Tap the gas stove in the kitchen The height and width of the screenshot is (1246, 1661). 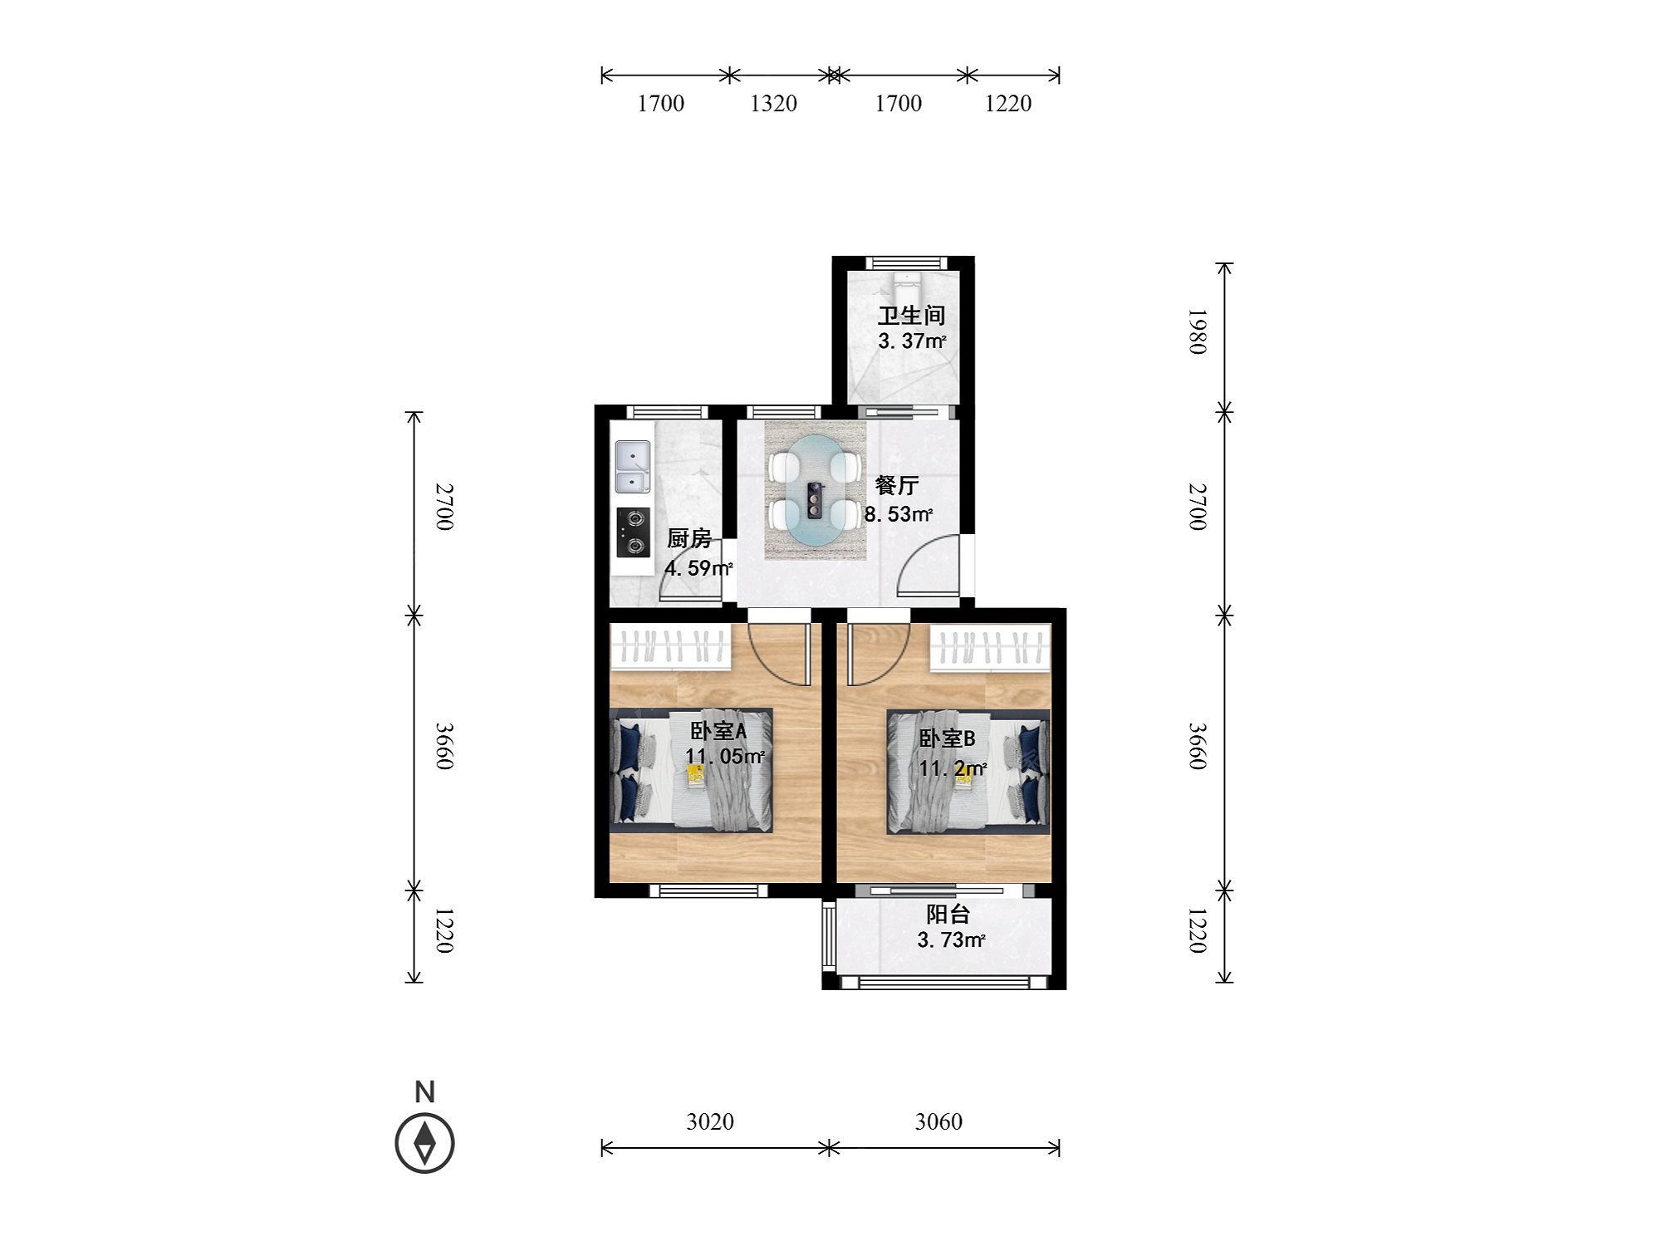click(x=634, y=532)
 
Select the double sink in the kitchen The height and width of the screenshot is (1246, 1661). click(x=633, y=468)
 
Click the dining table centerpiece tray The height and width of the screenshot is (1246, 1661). click(x=815, y=502)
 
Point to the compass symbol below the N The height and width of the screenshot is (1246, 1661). click(x=424, y=1142)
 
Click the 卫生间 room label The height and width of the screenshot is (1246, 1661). click(x=912, y=316)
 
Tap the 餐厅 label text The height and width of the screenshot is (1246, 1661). click(x=897, y=485)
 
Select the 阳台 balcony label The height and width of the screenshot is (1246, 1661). click(x=948, y=915)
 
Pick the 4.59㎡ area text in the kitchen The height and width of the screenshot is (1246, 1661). click(x=698, y=568)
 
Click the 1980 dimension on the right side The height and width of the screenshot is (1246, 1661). click(x=1196, y=331)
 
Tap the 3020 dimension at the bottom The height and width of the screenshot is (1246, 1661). click(x=710, y=1121)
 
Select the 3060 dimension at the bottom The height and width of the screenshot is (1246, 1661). click(x=938, y=1121)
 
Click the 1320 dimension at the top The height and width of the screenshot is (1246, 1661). click(x=773, y=103)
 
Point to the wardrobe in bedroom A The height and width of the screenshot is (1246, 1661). click(x=671, y=647)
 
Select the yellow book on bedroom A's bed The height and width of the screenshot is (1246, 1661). click(x=695, y=774)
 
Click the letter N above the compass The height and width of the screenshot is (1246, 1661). click(x=424, y=1092)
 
